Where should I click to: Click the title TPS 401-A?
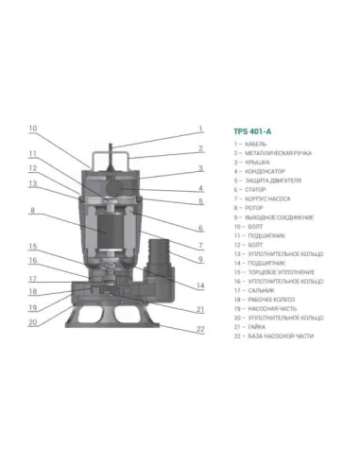pos(249,133)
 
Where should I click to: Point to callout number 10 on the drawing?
pos(32,128)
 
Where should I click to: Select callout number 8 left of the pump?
pos(32,211)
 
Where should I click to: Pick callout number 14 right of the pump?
pos(200,284)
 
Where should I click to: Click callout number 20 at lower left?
pos(32,321)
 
